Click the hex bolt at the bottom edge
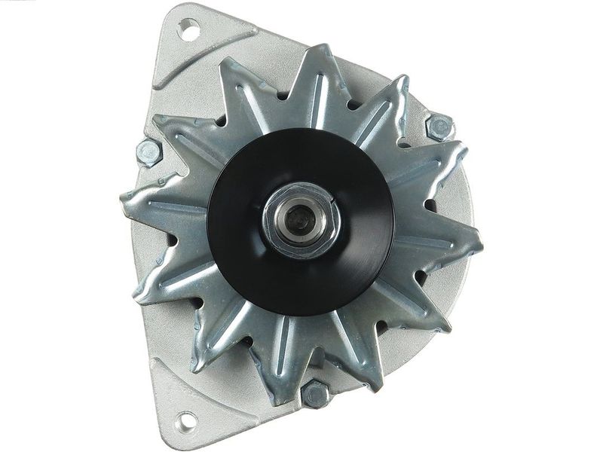coord(315,394)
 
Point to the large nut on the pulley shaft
coord(302,218)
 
